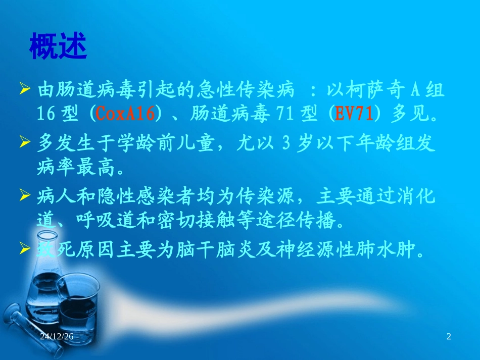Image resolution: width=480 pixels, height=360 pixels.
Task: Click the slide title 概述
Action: [x=58, y=47]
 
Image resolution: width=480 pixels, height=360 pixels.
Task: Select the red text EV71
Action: [x=354, y=114]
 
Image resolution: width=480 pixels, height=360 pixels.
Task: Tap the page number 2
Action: [x=448, y=336]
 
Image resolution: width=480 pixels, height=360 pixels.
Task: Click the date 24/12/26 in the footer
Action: [x=57, y=336]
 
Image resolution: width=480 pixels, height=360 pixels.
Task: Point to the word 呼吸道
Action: [x=101, y=221]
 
